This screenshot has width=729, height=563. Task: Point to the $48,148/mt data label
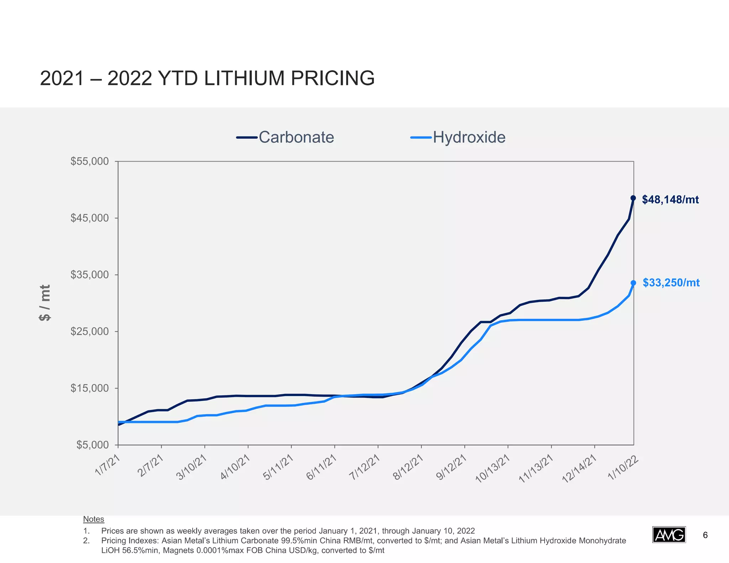point(670,200)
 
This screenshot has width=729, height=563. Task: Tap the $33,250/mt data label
point(671,283)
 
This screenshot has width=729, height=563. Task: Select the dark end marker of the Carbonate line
point(633,198)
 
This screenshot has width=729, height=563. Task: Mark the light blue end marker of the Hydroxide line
point(633,283)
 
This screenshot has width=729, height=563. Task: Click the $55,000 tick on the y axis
point(90,161)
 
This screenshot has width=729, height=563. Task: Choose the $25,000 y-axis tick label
point(90,331)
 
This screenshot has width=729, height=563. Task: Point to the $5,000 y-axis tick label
point(93,445)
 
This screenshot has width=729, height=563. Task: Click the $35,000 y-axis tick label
point(90,275)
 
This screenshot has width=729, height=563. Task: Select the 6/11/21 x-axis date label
point(321,467)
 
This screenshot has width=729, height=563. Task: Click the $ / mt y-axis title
point(45,303)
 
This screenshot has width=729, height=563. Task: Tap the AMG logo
point(669,535)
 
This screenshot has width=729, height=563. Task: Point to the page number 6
point(705,535)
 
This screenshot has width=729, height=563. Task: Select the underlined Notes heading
point(94,519)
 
